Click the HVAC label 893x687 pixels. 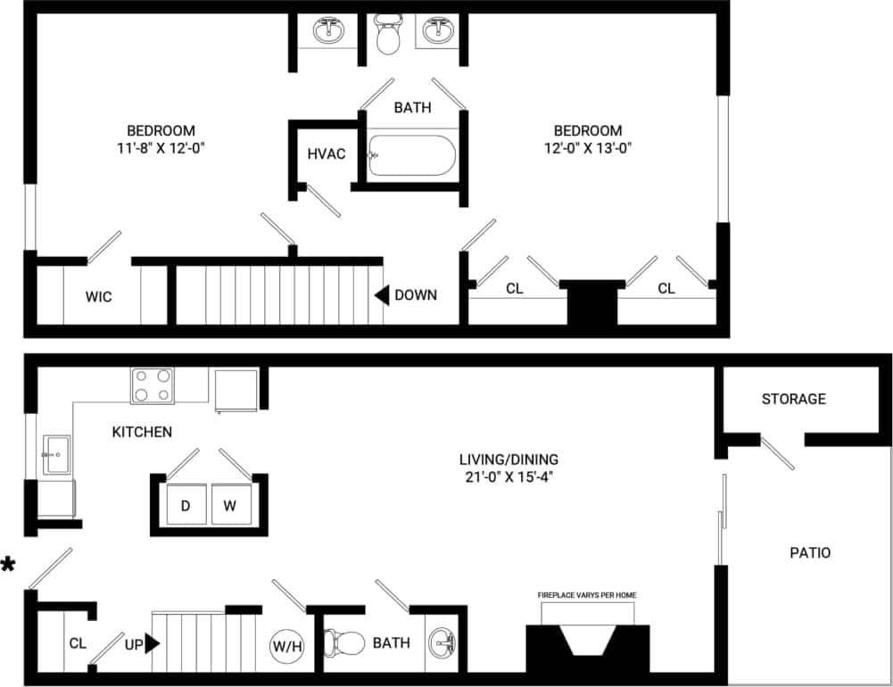(x=326, y=153)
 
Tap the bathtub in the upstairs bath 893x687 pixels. (x=412, y=155)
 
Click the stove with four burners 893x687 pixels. (x=153, y=385)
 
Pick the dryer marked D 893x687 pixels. (x=186, y=506)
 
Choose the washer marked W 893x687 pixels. (x=230, y=506)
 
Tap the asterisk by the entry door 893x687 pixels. (x=9, y=565)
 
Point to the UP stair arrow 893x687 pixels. (x=153, y=642)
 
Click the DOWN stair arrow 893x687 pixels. (x=381, y=294)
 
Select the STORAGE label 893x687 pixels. (x=793, y=399)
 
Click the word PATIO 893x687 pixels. (x=810, y=552)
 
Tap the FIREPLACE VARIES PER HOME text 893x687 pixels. (x=587, y=595)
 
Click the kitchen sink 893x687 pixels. (x=55, y=455)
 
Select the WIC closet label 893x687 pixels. (x=98, y=297)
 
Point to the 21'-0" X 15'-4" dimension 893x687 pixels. (x=509, y=477)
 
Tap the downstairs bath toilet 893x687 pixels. (x=343, y=642)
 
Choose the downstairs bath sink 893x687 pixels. (x=440, y=642)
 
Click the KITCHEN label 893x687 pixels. (x=142, y=432)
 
